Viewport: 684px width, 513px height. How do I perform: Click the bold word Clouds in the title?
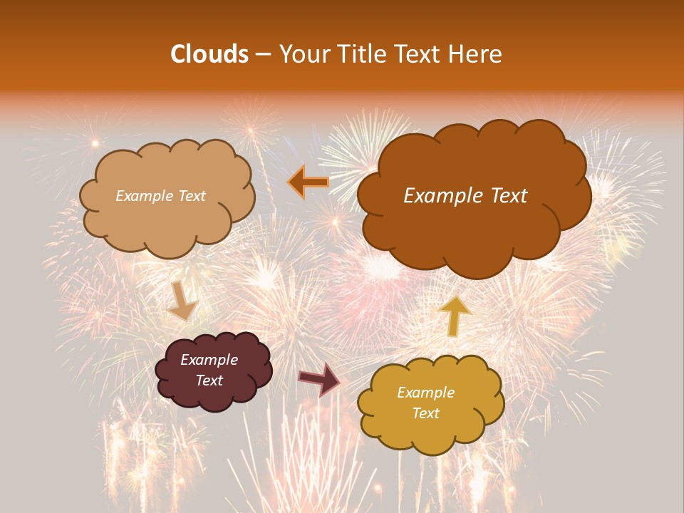click(209, 54)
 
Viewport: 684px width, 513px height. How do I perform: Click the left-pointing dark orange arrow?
click(309, 182)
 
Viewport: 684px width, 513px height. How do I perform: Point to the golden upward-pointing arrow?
click(455, 316)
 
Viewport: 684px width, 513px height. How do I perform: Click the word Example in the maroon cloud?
click(209, 360)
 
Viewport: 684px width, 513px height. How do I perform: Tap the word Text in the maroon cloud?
click(209, 380)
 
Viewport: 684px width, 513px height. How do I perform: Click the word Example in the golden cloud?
click(425, 393)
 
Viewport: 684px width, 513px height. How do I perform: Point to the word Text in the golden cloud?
click(426, 413)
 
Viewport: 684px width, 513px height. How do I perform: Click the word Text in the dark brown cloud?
click(504, 196)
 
